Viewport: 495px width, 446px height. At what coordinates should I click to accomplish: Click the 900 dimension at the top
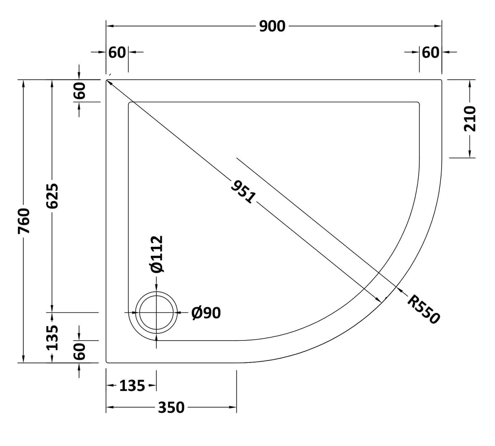point(272,26)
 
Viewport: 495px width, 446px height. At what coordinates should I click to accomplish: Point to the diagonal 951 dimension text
point(243,192)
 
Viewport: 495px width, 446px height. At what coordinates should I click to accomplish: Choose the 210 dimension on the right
point(470,119)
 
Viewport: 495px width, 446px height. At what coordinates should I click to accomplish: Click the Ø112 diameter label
point(157,254)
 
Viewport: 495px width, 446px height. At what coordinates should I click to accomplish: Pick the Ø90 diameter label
point(206,313)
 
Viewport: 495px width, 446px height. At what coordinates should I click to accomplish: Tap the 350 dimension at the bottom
point(171,407)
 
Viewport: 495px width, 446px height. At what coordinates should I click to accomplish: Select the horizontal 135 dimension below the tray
point(132,385)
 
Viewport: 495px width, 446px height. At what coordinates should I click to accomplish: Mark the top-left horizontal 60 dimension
point(117,52)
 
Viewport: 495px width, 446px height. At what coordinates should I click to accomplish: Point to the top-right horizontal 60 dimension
point(431,52)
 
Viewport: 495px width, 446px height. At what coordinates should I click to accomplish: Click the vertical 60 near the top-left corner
point(80,90)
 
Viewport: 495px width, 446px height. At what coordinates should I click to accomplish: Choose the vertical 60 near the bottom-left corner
point(80,351)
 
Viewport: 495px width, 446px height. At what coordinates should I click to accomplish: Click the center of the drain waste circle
point(157,312)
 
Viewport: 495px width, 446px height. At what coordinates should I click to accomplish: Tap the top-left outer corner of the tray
point(107,80)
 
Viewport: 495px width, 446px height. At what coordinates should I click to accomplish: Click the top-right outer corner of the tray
point(442,80)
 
